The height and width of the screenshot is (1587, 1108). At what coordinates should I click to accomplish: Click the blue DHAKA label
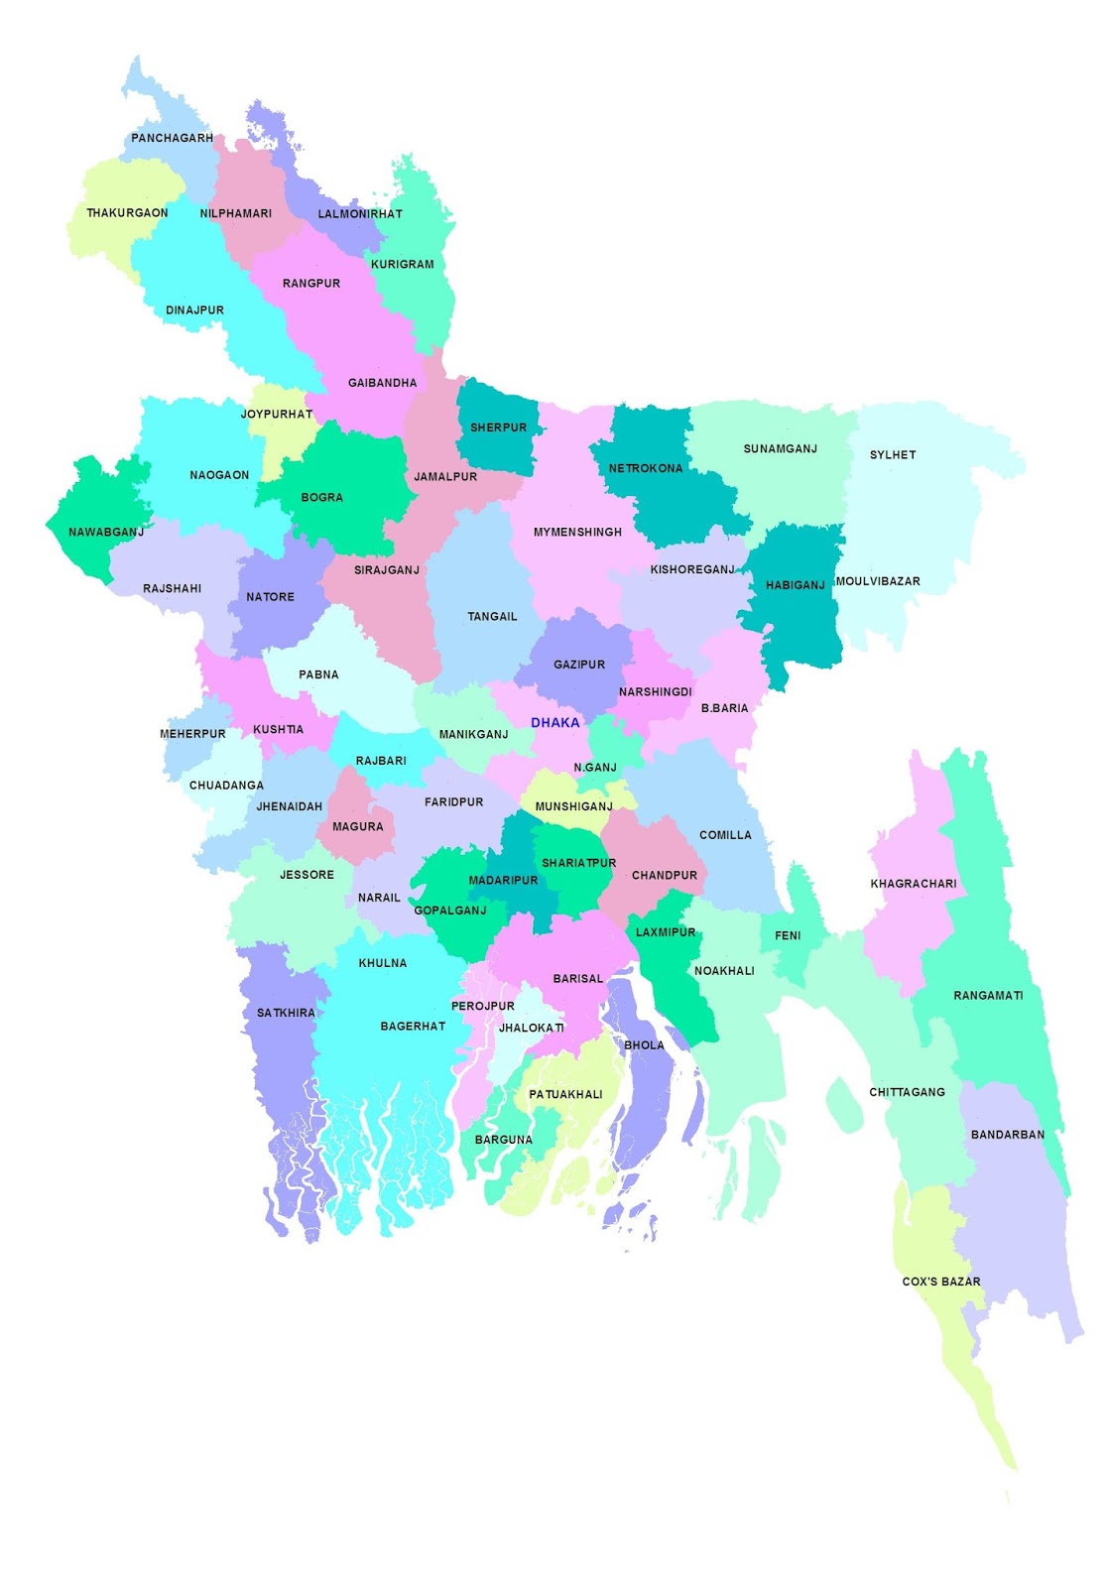[554, 722]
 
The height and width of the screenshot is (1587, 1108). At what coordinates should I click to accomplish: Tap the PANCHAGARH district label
[172, 138]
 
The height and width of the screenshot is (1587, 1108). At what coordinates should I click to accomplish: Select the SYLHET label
[892, 454]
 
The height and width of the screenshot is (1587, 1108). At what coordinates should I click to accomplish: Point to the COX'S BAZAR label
[940, 1282]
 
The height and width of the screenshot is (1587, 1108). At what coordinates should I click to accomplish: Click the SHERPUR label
[498, 427]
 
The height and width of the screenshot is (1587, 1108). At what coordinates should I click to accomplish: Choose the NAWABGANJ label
[105, 532]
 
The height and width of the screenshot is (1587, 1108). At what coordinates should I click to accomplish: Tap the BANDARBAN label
[1007, 1135]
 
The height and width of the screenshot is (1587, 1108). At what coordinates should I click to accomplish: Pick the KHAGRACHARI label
[913, 884]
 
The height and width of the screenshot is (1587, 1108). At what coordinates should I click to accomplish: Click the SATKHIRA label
[286, 1013]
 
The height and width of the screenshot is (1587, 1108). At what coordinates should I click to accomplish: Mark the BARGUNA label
[503, 1140]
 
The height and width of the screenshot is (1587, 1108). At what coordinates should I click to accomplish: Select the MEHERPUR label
[192, 734]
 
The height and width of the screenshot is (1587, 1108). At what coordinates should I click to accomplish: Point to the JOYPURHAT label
[276, 414]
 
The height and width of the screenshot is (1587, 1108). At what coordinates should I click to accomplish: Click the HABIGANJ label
[795, 585]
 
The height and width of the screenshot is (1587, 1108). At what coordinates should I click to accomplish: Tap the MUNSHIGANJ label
[573, 806]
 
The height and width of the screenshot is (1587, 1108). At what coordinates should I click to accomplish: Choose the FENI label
[787, 935]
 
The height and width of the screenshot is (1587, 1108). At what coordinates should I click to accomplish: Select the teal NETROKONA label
[645, 468]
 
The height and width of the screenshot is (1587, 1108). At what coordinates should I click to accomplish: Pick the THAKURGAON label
[127, 212]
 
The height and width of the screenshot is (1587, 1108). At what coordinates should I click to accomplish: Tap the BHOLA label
[644, 1045]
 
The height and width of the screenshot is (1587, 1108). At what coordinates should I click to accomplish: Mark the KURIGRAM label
[402, 264]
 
